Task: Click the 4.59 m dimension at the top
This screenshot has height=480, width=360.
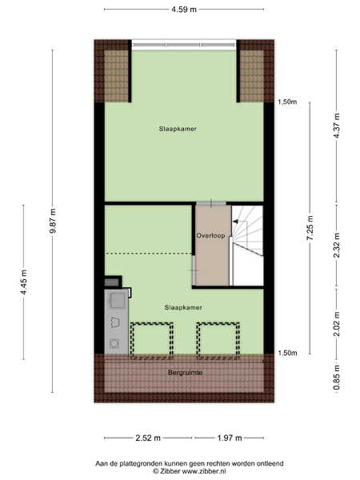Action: (x=184, y=9)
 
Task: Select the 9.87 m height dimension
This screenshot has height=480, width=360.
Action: (x=53, y=221)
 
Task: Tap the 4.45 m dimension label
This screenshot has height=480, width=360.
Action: (x=23, y=282)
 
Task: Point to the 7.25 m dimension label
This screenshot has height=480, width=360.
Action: (x=310, y=228)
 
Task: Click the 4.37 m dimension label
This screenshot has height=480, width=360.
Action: (x=337, y=126)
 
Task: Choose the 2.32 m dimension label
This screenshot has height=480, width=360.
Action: (x=337, y=246)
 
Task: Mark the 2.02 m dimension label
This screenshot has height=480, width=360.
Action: (x=337, y=324)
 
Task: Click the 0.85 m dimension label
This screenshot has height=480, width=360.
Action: (x=337, y=378)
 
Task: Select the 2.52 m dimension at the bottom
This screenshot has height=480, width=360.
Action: (x=148, y=438)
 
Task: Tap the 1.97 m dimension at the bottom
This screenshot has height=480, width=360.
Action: (x=230, y=438)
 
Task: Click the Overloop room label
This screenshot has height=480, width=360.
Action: (x=210, y=235)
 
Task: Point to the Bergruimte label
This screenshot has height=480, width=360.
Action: (x=186, y=373)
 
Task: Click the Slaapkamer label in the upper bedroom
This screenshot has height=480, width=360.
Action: (x=178, y=129)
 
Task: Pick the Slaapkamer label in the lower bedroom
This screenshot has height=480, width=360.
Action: (x=183, y=307)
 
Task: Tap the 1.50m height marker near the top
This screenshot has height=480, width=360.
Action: (x=287, y=102)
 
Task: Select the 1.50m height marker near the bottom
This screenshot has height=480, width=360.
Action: (x=287, y=353)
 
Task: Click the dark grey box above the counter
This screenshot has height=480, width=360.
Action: (x=113, y=282)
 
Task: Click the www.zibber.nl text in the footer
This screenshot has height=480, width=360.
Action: (x=204, y=471)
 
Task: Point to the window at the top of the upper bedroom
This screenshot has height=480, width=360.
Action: (x=184, y=45)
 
